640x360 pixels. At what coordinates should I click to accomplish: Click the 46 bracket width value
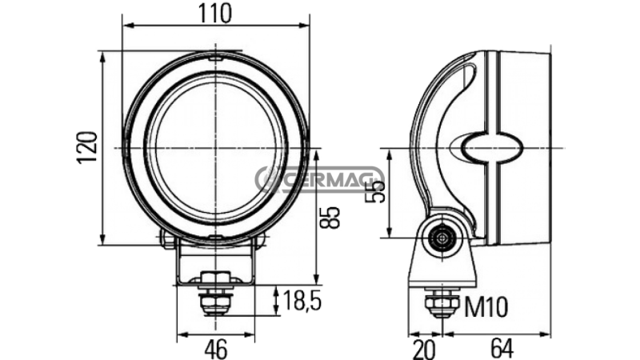coord(216,349)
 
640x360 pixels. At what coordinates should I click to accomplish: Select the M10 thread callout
coord(485,305)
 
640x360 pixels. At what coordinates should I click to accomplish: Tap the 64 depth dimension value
coord(502,349)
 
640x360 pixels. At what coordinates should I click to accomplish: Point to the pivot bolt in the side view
coord(440,238)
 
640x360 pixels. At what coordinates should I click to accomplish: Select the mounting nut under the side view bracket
coord(440,303)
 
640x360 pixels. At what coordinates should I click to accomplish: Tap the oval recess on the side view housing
coord(488,148)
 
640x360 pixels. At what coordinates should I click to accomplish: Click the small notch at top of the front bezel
coord(214,58)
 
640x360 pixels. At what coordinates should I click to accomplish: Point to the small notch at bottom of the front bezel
coord(214,238)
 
